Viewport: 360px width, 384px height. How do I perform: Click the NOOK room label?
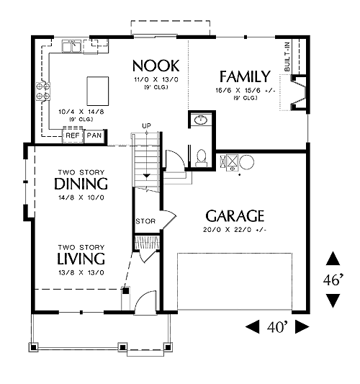156,66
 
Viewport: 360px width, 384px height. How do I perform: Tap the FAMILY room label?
245,76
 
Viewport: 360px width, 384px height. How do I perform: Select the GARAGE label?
235,215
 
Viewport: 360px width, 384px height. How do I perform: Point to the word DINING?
81,184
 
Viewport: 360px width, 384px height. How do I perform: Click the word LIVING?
81,259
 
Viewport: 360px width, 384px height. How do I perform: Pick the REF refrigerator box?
73,135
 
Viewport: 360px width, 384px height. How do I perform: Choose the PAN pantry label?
94,135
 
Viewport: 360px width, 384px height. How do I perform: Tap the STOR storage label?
145,221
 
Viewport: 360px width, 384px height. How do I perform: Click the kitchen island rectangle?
98,91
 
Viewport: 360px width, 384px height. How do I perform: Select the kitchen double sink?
72,46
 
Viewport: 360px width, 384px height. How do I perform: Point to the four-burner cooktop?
43,91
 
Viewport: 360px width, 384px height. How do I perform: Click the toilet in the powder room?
202,158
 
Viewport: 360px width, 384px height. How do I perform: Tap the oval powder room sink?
201,120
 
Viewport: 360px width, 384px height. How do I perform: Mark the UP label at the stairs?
147,126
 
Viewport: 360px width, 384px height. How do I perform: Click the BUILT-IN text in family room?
287,57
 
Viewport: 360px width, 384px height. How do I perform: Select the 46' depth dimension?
333,280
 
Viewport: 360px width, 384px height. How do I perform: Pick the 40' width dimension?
277,327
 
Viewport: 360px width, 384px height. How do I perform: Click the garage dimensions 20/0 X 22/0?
235,230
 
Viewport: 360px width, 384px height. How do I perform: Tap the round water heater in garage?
246,162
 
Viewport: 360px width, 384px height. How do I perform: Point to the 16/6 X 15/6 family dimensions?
246,90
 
